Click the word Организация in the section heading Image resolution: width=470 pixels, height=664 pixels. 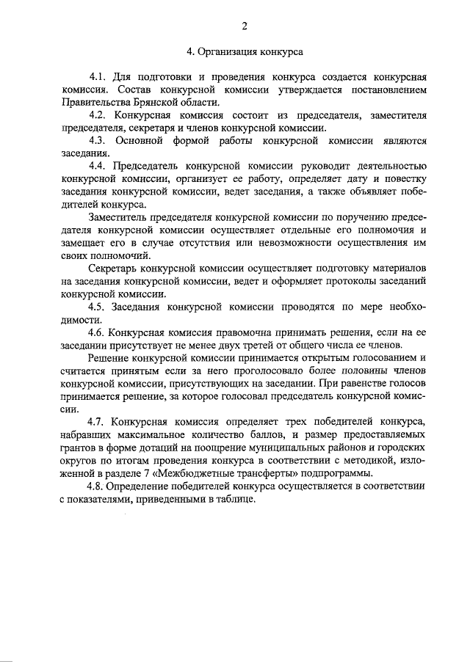pos(226,52)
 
